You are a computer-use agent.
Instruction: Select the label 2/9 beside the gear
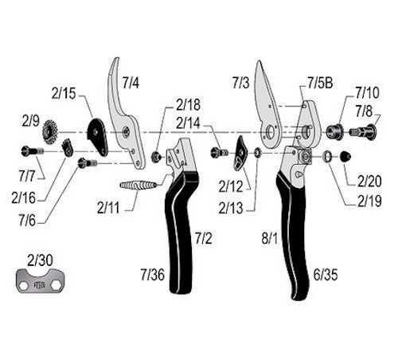tap(30, 121)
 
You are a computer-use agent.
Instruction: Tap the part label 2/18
tap(189, 104)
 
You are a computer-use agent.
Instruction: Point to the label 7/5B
tap(322, 83)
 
